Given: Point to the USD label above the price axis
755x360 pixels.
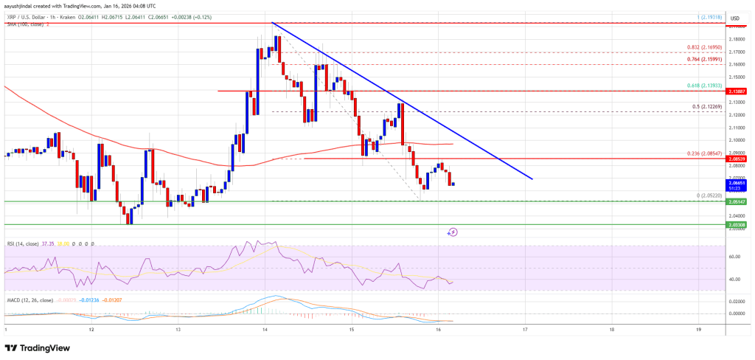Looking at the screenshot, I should [x=734, y=17].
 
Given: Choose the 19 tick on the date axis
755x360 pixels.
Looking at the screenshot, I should [x=699, y=329].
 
